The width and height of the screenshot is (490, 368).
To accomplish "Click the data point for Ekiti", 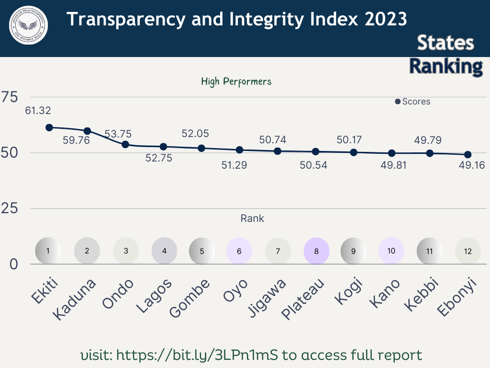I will (x=49, y=127).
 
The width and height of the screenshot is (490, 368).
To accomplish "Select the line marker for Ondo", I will (x=125, y=144).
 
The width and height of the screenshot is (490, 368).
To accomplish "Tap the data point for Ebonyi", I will (x=468, y=154).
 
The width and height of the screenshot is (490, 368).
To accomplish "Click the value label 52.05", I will (x=195, y=134).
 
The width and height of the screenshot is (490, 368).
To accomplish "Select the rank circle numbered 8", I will (x=316, y=251).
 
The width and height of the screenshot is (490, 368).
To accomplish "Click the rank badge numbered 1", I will (x=48, y=251).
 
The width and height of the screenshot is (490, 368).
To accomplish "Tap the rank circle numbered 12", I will (x=468, y=251).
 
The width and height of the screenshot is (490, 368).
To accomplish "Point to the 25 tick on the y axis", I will (x=10, y=208).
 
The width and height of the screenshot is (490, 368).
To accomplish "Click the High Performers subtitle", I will (x=236, y=81).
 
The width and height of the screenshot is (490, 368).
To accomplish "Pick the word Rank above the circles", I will (x=252, y=218).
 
